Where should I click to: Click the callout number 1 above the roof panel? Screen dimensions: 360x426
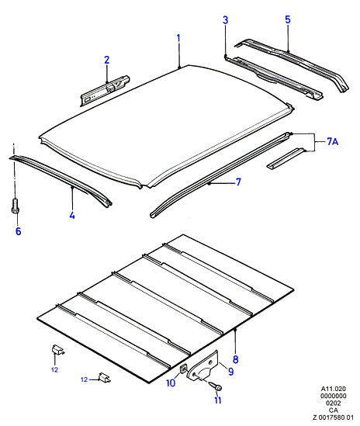pyautogui.click(x=178, y=38)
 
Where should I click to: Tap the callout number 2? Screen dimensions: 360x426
pyautogui.click(x=107, y=60)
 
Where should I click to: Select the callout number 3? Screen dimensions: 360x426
pyautogui.click(x=226, y=20)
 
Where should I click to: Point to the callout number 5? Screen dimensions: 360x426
pyautogui.click(x=288, y=19)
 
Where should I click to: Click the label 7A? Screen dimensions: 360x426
pyautogui.click(x=332, y=141)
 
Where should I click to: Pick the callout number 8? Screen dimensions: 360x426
pyautogui.click(x=236, y=359)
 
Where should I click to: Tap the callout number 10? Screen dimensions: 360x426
pyautogui.click(x=171, y=383)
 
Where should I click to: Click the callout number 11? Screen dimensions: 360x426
pyautogui.click(x=218, y=400)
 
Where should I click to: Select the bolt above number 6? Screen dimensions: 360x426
pyautogui.click(x=15, y=204)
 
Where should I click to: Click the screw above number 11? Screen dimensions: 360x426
pyautogui.click(x=216, y=386)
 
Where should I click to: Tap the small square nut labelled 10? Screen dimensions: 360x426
pyautogui.click(x=184, y=369)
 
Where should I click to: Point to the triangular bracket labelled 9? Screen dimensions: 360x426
pyautogui.click(x=203, y=366)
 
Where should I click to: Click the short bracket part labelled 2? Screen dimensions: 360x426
pyautogui.click(x=105, y=91)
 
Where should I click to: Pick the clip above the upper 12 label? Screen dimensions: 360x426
pyautogui.click(x=57, y=350)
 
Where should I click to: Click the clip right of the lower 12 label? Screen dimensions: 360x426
pyautogui.click(x=104, y=377)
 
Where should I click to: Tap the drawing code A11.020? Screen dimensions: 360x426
pyautogui.click(x=334, y=389)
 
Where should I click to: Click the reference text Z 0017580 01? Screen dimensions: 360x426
pyautogui.click(x=333, y=417)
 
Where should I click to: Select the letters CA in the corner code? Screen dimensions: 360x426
pyautogui.click(x=334, y=410)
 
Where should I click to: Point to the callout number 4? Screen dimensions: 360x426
pyautogui.click(x=72, y=216)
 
